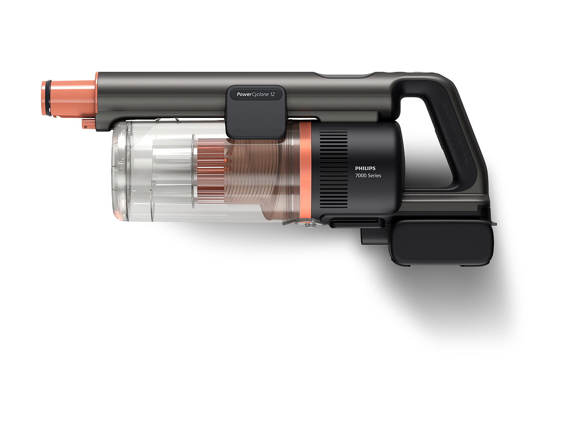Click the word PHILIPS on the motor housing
(365, 168)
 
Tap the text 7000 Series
(368, 175)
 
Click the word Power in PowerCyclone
(244, 95)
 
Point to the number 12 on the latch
(272, 95)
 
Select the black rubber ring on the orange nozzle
(47, 98)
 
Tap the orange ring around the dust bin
(305, 170)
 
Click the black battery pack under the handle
(442, 243)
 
